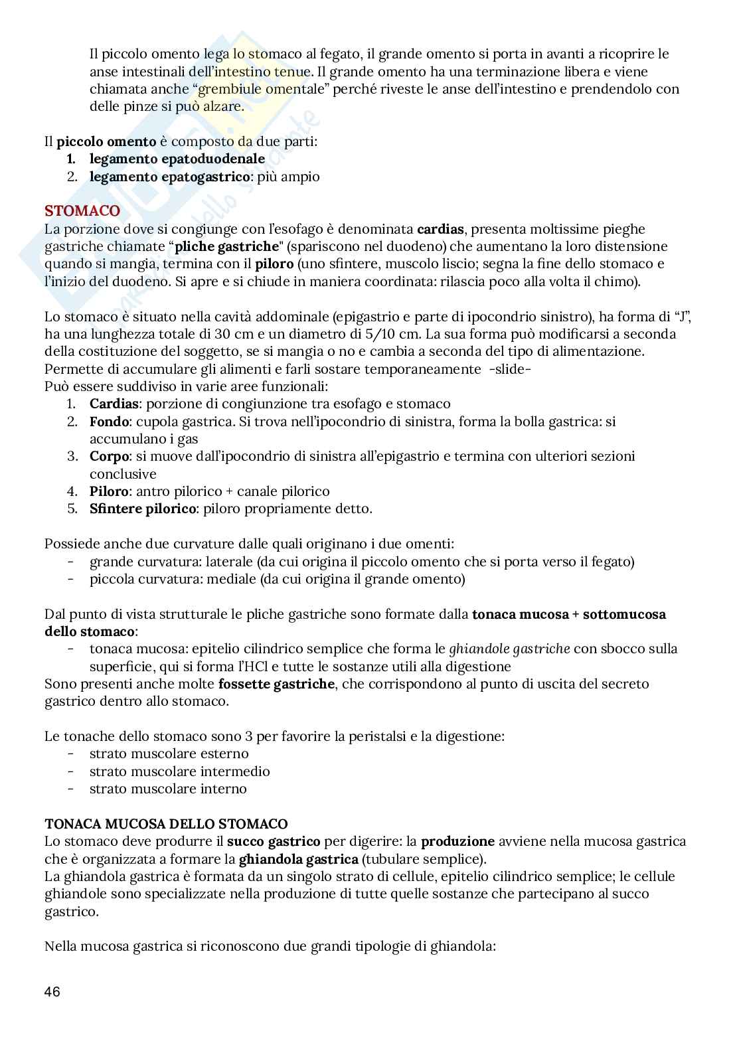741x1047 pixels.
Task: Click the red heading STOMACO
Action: click(x=82, y=211)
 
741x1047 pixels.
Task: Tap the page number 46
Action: click(x=52, y=992)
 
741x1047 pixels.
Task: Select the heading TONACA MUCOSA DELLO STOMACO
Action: click(x=166, y=824)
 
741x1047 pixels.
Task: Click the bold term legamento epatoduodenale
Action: click(x=177, y=159)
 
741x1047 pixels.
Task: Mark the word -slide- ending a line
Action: click(x=509, y=368)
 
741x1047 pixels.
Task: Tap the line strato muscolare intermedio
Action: click(x=179, y=771)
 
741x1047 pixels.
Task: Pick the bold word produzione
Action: click(x=458, y=841)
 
